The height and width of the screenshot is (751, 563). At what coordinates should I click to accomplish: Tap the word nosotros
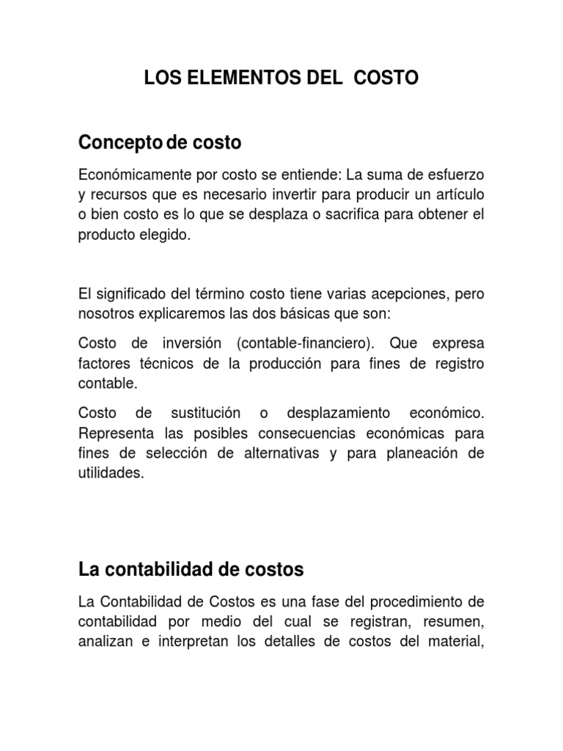[103, 313]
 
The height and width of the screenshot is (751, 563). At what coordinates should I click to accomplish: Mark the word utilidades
[109, 473]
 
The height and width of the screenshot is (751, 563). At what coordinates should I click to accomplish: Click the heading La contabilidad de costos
[191, 568]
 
